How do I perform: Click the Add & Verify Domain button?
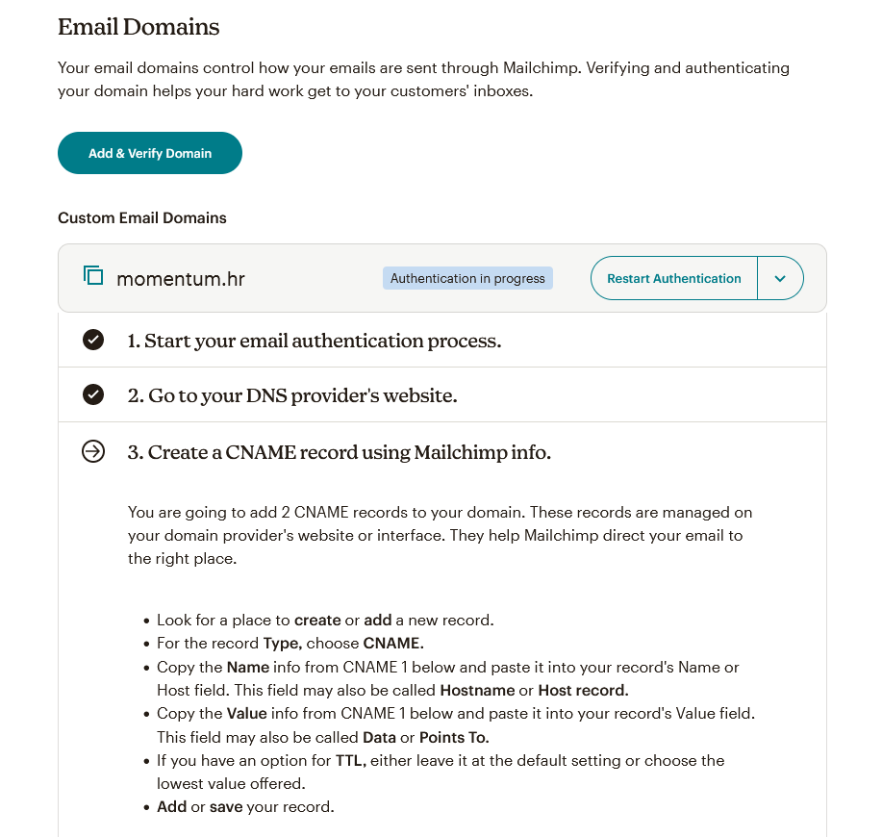click(x=150, y=153)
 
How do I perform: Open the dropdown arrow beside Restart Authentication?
click(x=780, y=279)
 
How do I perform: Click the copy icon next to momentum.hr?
click(x=93, y=276)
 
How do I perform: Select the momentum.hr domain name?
click(x=181, y=279)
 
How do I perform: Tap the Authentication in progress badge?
click(x=467, y=278)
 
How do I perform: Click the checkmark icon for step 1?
click(x=93, y=340)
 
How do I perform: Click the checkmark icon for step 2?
click(x=93, y=394)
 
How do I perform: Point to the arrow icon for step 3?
click(x=93, y=451)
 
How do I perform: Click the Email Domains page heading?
click(x=139, y=27)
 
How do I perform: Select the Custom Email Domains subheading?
click(x=142, y=217)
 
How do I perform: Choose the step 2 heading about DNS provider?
click(x=292, y=395)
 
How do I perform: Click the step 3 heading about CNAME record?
click(x=339, y=452)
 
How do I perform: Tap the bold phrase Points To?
click(x=454, y=737)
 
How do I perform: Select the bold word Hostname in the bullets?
click(x=478, y=690)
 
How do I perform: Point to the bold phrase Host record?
click(x=583, y=690)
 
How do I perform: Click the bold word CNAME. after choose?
click(x=393, y=643)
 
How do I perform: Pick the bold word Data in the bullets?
click(x=380, y=737)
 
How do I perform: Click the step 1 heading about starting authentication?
click(x=314, y=341)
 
